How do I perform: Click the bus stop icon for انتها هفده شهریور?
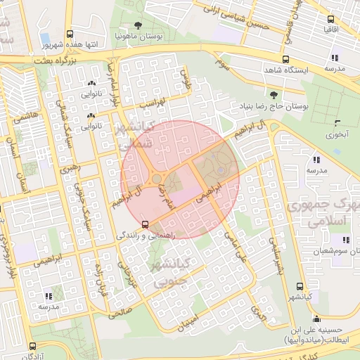[x=69, y=34]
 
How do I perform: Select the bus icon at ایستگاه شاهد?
[x=285, y=59]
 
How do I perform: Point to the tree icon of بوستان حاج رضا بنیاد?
[x=274, y=94]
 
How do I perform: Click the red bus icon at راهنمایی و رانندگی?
[x=145, y=224]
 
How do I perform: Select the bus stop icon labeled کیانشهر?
[x=300, y=287]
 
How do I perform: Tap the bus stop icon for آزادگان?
[x=33, y=346]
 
